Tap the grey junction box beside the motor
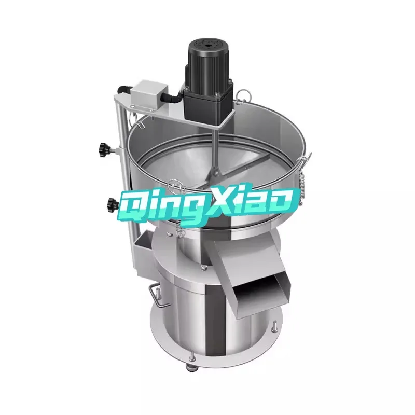click(x=148, y=96)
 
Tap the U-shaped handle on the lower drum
click(x=154, y=294)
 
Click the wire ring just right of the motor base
click(x=243, y=94)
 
